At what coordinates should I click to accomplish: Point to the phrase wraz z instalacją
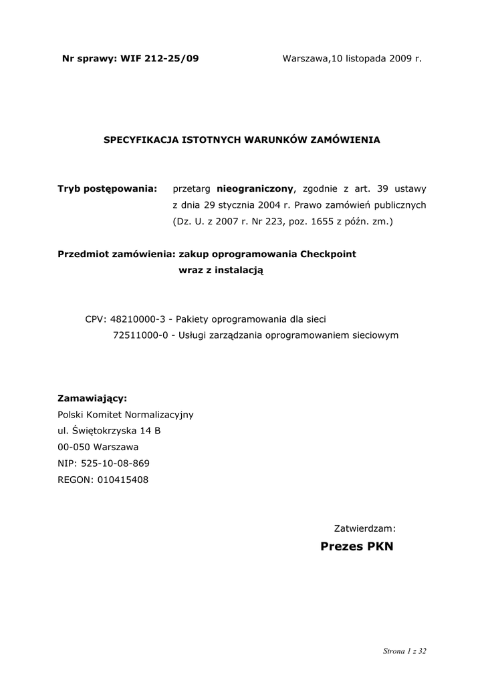[221, 270]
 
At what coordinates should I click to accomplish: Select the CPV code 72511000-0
[140, 335]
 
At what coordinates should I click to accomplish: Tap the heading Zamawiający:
[92, 398]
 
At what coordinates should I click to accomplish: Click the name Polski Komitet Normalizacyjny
[126, 415]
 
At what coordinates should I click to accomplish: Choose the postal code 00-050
[74, 447]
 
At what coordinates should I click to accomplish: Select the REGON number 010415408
[123, 479]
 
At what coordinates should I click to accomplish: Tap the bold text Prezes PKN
[357, 547]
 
